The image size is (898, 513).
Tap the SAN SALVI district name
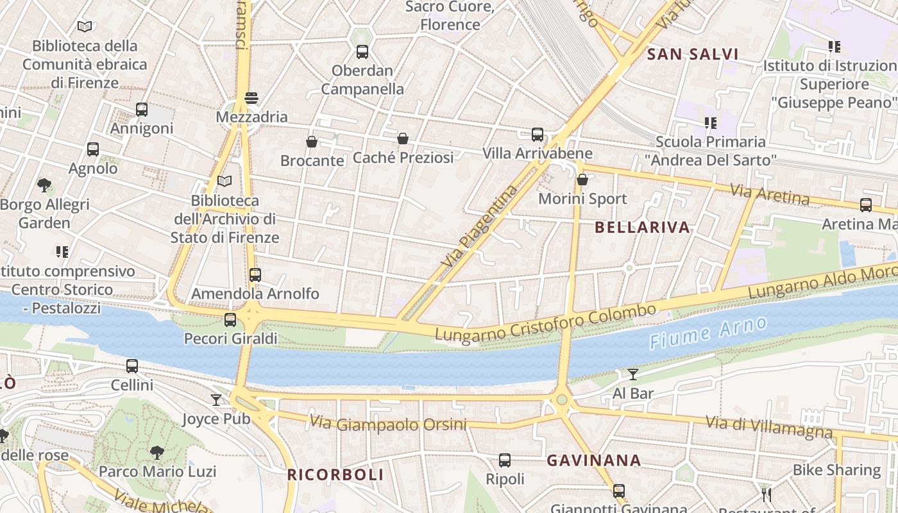[x=693, y=54]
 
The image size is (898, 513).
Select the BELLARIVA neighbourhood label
[x=642, y=227]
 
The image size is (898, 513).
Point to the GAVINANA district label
[x=593, y=460]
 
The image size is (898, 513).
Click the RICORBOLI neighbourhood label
[x=335, y=475]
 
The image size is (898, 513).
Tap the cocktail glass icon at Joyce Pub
[x=216, y=400]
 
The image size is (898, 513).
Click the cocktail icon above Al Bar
[x=633, y=374]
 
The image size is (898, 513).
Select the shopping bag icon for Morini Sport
[x=582, y=180]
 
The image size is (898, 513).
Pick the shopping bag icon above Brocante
[x=312, y=142]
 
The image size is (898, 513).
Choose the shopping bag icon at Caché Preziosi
[x=403, y=139]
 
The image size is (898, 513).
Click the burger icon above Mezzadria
[x=251, y=98]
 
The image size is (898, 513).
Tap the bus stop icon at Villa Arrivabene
[x=538, y=135]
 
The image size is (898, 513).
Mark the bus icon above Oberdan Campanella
[x=362, y=52]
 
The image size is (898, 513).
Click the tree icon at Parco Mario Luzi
[x=157, y=453]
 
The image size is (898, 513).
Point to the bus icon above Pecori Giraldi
[x=230, y=319]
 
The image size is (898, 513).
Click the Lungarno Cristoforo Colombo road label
[x=545, y=323]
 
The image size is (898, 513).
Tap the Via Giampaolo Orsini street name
[x=397, y=424]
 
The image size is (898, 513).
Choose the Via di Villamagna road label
[x=769, y=426]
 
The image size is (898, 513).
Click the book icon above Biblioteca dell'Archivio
[x=224, y=181]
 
